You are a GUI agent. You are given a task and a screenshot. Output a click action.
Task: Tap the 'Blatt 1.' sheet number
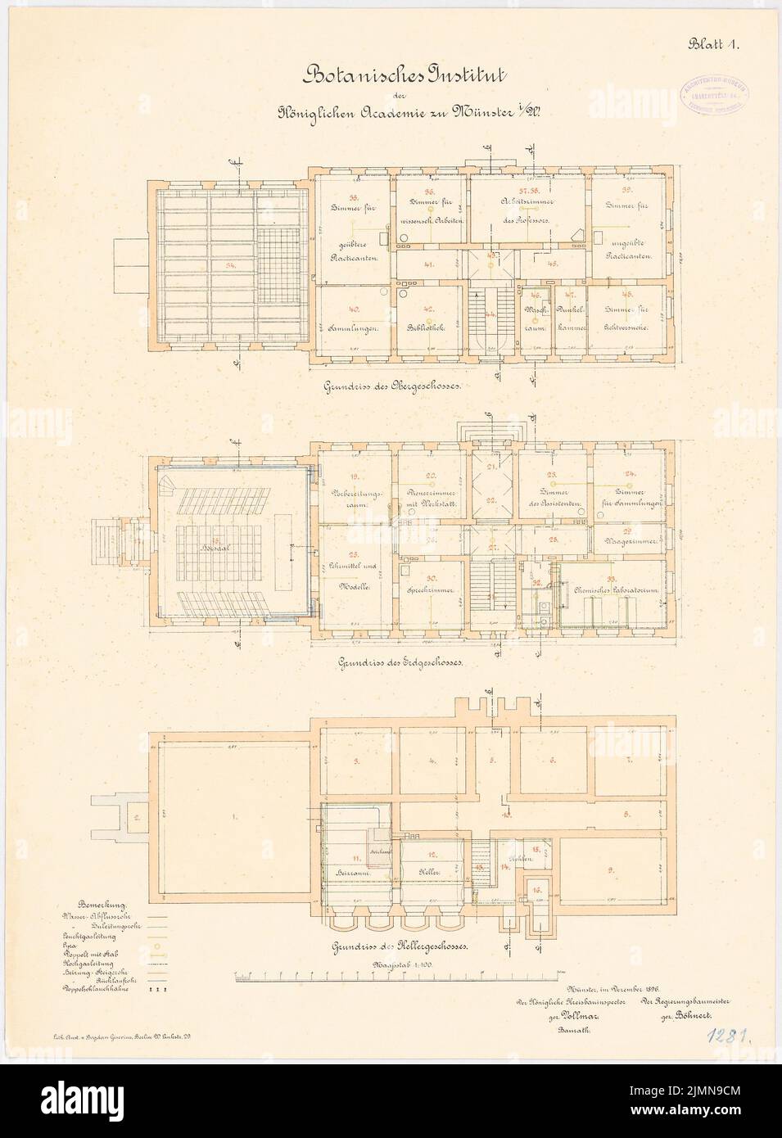pos(713,45)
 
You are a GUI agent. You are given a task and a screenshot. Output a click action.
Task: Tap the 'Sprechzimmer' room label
pos(425,591)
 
